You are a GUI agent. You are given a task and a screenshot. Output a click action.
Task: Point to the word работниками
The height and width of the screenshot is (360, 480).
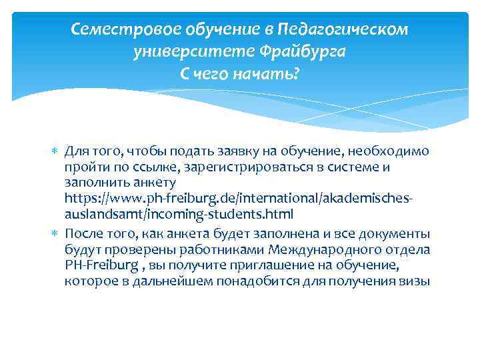(225, 249)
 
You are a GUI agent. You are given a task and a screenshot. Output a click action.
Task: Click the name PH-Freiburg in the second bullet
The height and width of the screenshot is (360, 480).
(97, 265)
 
